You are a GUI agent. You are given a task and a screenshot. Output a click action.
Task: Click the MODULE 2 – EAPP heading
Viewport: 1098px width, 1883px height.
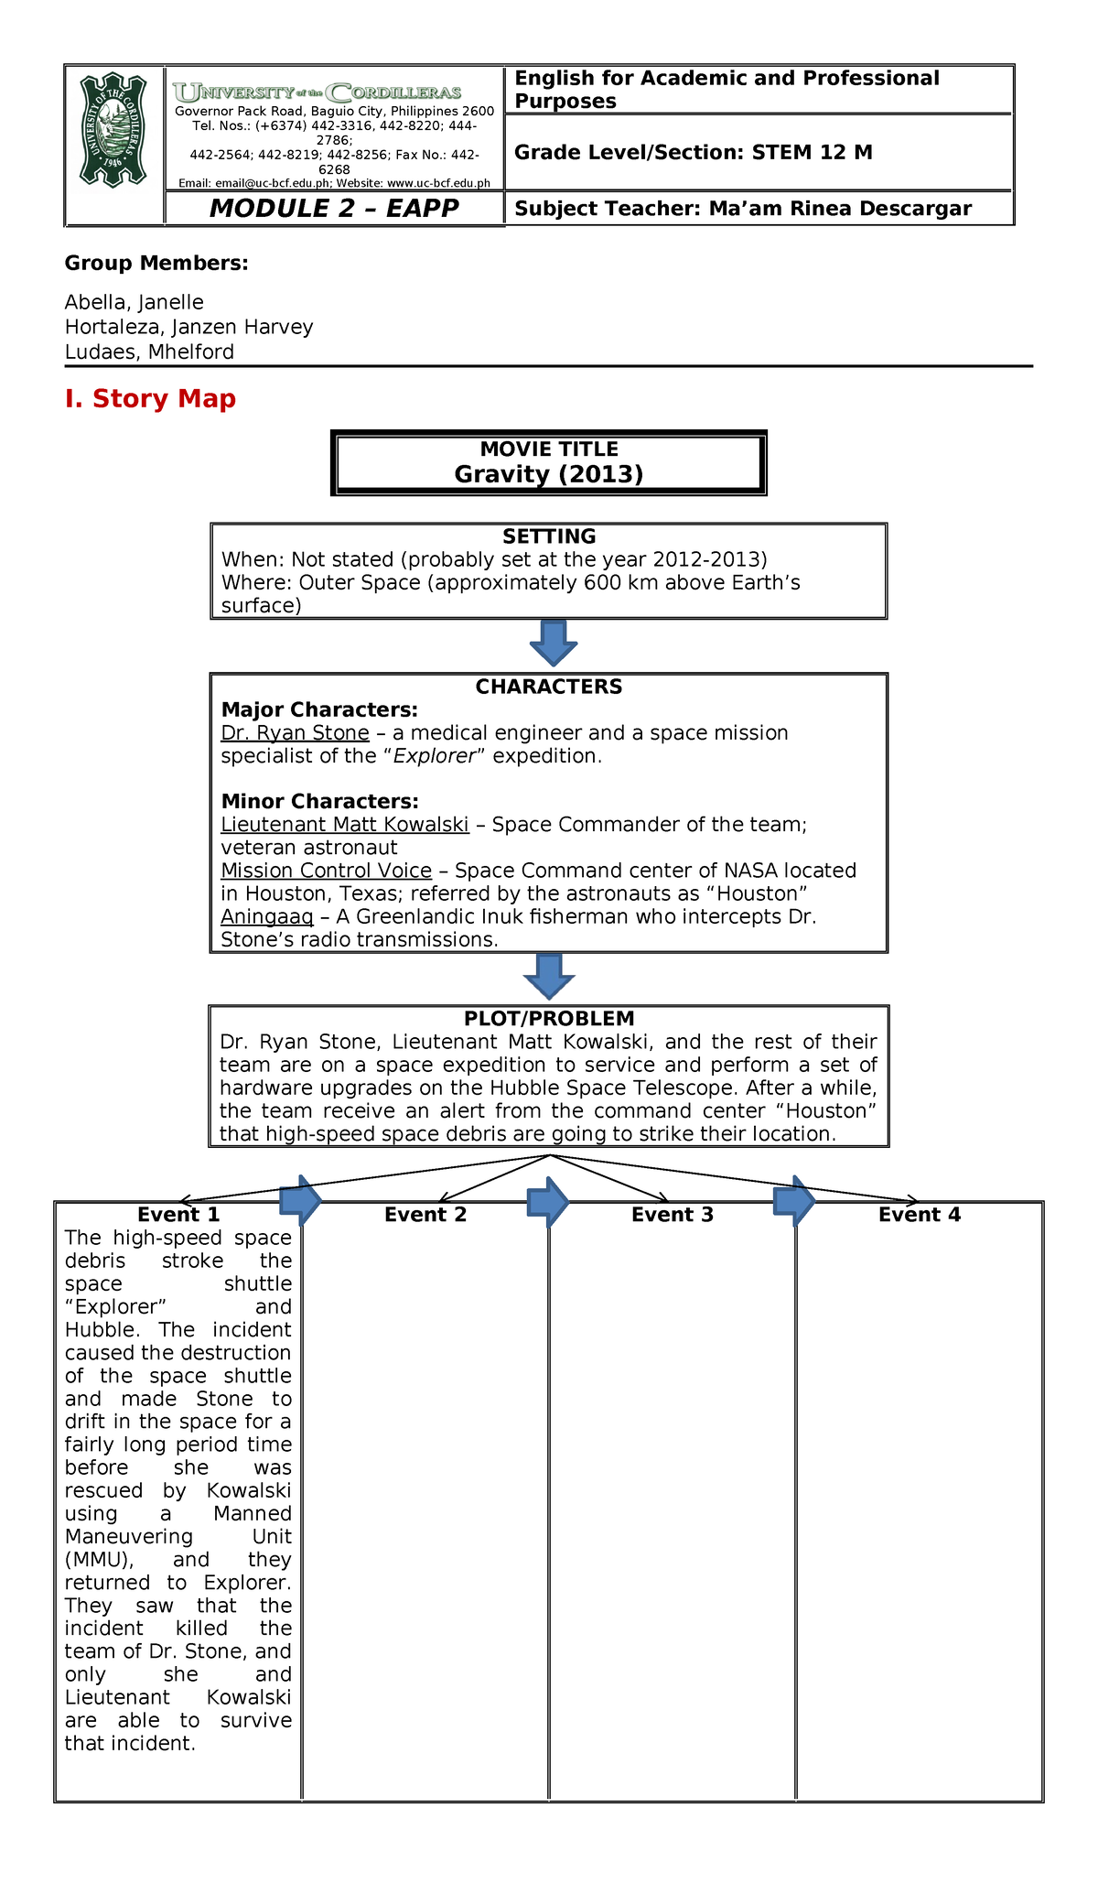pyautogui.click(x=334, y=209)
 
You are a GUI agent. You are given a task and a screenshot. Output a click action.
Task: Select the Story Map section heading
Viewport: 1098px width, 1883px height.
pyautogui.click(x=150, y=399)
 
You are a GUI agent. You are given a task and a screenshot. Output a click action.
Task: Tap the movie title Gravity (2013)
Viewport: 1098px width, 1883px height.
pyautogui.click(x=548, y=473)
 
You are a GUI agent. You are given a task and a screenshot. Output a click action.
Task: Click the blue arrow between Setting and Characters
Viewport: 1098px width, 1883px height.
pyautogui.click(x=553, y=643)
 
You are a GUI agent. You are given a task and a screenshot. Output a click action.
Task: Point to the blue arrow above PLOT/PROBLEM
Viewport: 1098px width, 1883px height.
pyautogui.click(x=549, y=976)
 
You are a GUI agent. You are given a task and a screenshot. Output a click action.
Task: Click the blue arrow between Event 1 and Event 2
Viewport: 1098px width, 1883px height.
pyautogui.click(x=300, y=1200)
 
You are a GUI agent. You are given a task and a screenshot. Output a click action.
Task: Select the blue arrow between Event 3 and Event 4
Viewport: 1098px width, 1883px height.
pyautogui.click(x=794, y=1200)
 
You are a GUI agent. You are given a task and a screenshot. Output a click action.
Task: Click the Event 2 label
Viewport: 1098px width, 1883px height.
pyautogui.click(x=425, y=1215)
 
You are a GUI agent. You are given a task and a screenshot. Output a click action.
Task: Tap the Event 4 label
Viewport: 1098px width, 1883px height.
pyautogui.click(x=919, y=1215)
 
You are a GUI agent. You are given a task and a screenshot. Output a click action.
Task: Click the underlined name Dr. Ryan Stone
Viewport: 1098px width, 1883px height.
pyautogui.click(x=295, y=733)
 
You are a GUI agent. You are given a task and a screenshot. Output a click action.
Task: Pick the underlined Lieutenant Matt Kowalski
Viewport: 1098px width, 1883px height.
pyautogui.click(x=345, y=825)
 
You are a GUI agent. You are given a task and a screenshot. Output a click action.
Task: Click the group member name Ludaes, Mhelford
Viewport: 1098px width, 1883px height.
pyautogui.click(x=149, y=352)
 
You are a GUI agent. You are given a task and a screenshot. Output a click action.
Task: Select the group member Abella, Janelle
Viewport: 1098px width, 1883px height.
pyautogui.click(x=134, y=303)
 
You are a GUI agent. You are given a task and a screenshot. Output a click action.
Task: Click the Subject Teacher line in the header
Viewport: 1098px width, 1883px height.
pyautogui.click(x=742, y=209)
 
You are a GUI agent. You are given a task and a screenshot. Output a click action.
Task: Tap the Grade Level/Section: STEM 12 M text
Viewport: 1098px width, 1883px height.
pyautogui.click(x=693, y=153)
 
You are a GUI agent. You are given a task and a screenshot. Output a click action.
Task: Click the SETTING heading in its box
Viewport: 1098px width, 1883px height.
pyautogui.click(x=548, y=536)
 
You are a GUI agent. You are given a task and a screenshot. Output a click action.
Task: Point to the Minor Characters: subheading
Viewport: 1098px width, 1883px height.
pyautogui.click(x=319, y=802)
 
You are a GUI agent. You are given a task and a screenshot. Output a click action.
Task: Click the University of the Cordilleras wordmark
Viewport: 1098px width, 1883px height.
pyautogui.click(x=318, y=92)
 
